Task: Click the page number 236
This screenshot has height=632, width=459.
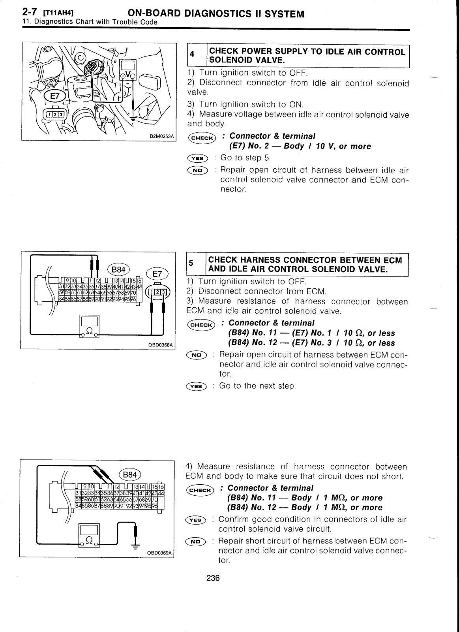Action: tap(213, 578)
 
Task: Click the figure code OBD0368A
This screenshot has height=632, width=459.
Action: tap(160, 345)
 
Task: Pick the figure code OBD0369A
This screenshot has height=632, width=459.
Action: tap(159, 553)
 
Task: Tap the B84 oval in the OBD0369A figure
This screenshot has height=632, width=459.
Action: tap(129, 474)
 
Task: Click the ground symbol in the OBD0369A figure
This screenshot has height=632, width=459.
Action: tap(135, 547)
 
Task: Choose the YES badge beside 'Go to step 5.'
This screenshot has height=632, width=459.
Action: tap(197, 158)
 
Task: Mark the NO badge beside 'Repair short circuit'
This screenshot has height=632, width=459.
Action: tap(195, 541)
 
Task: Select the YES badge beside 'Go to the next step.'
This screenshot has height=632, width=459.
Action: tap(196, 387)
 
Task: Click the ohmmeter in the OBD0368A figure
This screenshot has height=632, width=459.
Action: tap(90, 326)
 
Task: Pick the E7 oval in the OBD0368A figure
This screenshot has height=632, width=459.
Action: tap(157, 274)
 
